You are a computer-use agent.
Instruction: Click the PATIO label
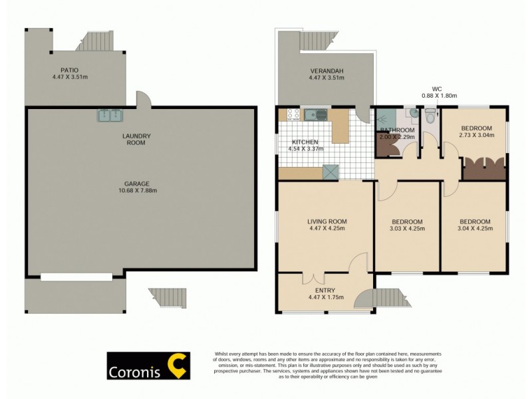pyautogui.click(x=65, y=69)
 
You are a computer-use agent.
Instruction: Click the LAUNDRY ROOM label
pyautogui.click(x=137, y=140)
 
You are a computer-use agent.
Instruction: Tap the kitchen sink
pyautogui.click(x=317, y=115)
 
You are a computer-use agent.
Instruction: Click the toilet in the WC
pyautogui.click(x=430, y=118)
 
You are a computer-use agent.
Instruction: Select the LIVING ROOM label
pyautogui.click(x=327, y=221)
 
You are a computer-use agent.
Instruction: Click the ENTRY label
pyautogui.click(x=325, y=290)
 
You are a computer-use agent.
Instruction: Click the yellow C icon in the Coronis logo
pyautogui.click(x=176, y=366)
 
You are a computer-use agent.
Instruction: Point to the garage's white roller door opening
pyautogui.click(x=77, y=276)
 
